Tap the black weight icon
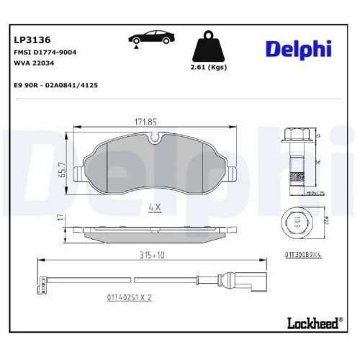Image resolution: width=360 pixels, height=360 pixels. (x=208, y=48)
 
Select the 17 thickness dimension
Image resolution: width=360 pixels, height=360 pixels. (x=62, y=217)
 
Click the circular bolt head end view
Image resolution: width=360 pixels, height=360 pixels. (x=296, y=225)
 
